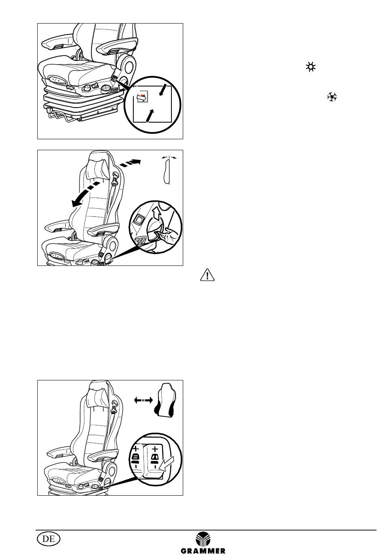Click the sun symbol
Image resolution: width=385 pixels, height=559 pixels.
pyautogui.click(x=311, y=67)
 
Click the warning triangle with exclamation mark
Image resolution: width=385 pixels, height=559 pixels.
pyautogui.click(x=207, y=275)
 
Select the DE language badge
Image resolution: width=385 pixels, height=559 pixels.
pyautogui.click(x=49, y=539)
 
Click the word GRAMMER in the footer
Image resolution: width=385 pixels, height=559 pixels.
pyautogui.click(x=203, y=551)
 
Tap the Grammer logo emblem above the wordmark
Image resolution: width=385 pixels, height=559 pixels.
pyautogui.click(x=203, y=539)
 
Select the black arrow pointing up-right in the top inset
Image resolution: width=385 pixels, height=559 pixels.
pyautogui.click(x=150, y=115)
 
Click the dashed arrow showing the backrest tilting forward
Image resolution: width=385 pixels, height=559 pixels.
pyautogui.click(x=86, y=194)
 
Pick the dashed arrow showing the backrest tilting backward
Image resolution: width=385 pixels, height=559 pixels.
pyautogui.click(x=130, y=163)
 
